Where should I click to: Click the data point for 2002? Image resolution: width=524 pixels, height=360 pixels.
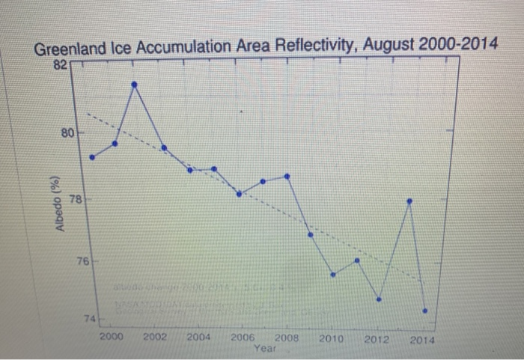pyautogui.click(x=135, y=85)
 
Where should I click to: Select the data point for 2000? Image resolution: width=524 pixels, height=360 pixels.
pyautogui.click(x=92, y=157)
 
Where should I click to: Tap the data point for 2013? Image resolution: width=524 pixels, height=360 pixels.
pyautogui.click(x=409, y=201)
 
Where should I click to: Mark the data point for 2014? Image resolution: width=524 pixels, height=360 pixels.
pyautogui.click(x=425, y=311)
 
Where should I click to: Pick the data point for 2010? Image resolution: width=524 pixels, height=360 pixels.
pyautogui.click(x=334, y=275)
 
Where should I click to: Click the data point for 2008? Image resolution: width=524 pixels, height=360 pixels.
pyautogui.click(x=287, y=177)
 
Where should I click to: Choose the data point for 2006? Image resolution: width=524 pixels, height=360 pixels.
pyautogui.click(x=239, y=194)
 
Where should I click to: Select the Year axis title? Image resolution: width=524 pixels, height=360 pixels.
pyautogui.click(x=264, y=348)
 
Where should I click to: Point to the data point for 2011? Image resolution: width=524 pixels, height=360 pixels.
pyautogui.click(x=357, y=260)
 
